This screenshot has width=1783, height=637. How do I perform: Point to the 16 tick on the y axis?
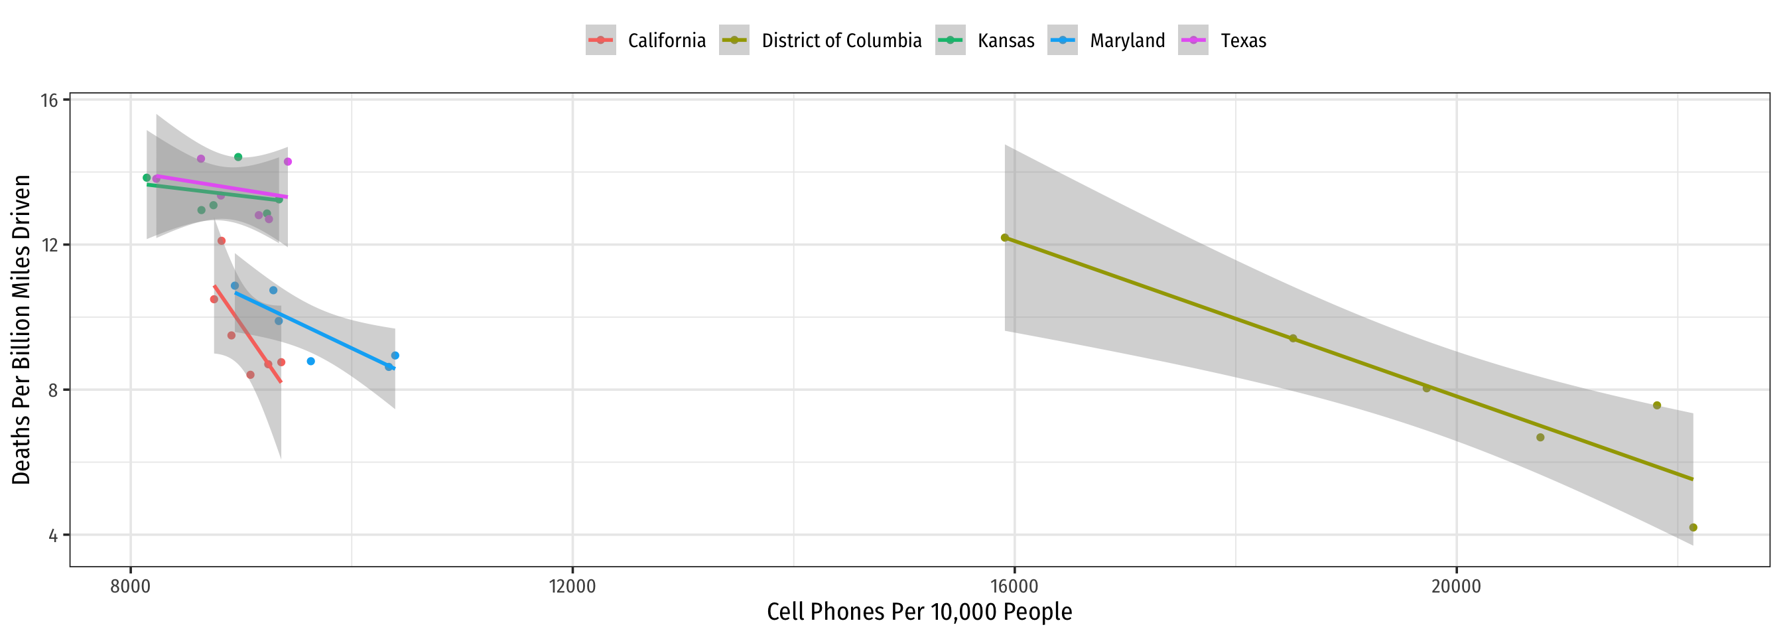[49, 100]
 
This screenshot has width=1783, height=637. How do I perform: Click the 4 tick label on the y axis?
[53, 535]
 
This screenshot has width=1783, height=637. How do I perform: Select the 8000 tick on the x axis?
[130, 587]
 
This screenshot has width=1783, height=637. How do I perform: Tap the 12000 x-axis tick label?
[572, 587]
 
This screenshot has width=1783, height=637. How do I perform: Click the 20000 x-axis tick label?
[1455, 587]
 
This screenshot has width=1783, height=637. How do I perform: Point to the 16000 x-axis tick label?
[1014, 587]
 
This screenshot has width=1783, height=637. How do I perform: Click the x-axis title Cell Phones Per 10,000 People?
[919, 612]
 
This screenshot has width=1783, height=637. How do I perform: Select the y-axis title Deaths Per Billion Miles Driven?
[21, 330]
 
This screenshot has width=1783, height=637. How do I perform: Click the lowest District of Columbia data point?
[1693, 528]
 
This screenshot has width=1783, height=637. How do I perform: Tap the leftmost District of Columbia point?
[1005, 238]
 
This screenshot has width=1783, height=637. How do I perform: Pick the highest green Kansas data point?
[238, 157]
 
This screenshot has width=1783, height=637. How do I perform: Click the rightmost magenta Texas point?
[288, 162]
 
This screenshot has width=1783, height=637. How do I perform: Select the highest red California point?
[222, 241]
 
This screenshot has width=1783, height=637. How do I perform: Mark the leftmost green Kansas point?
[147, 178]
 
